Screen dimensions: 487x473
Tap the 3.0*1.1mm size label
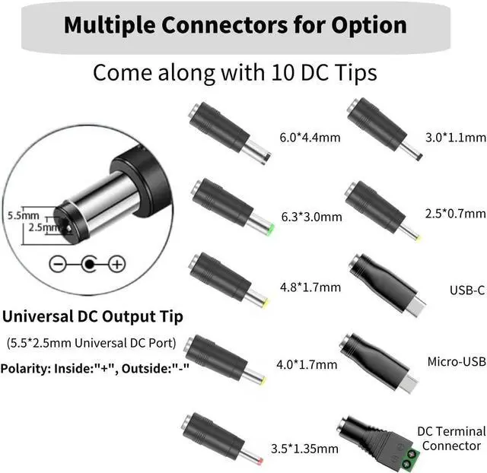pyautogui.click(x=455, y=138)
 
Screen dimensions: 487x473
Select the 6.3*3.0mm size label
pyautogui.click(x=311, y=217)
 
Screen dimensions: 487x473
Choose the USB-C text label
pyautogui.click(x=466, y=290)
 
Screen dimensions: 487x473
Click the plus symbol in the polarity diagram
pyautogui.click(x=116, y=264)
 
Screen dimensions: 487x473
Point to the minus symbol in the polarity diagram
pyautogui.click(x=58, y=264)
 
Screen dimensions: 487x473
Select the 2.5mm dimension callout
pyautogui.click(x=42, y=227)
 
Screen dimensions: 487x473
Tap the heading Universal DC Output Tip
pyautogui.click(x=91, y=315)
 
